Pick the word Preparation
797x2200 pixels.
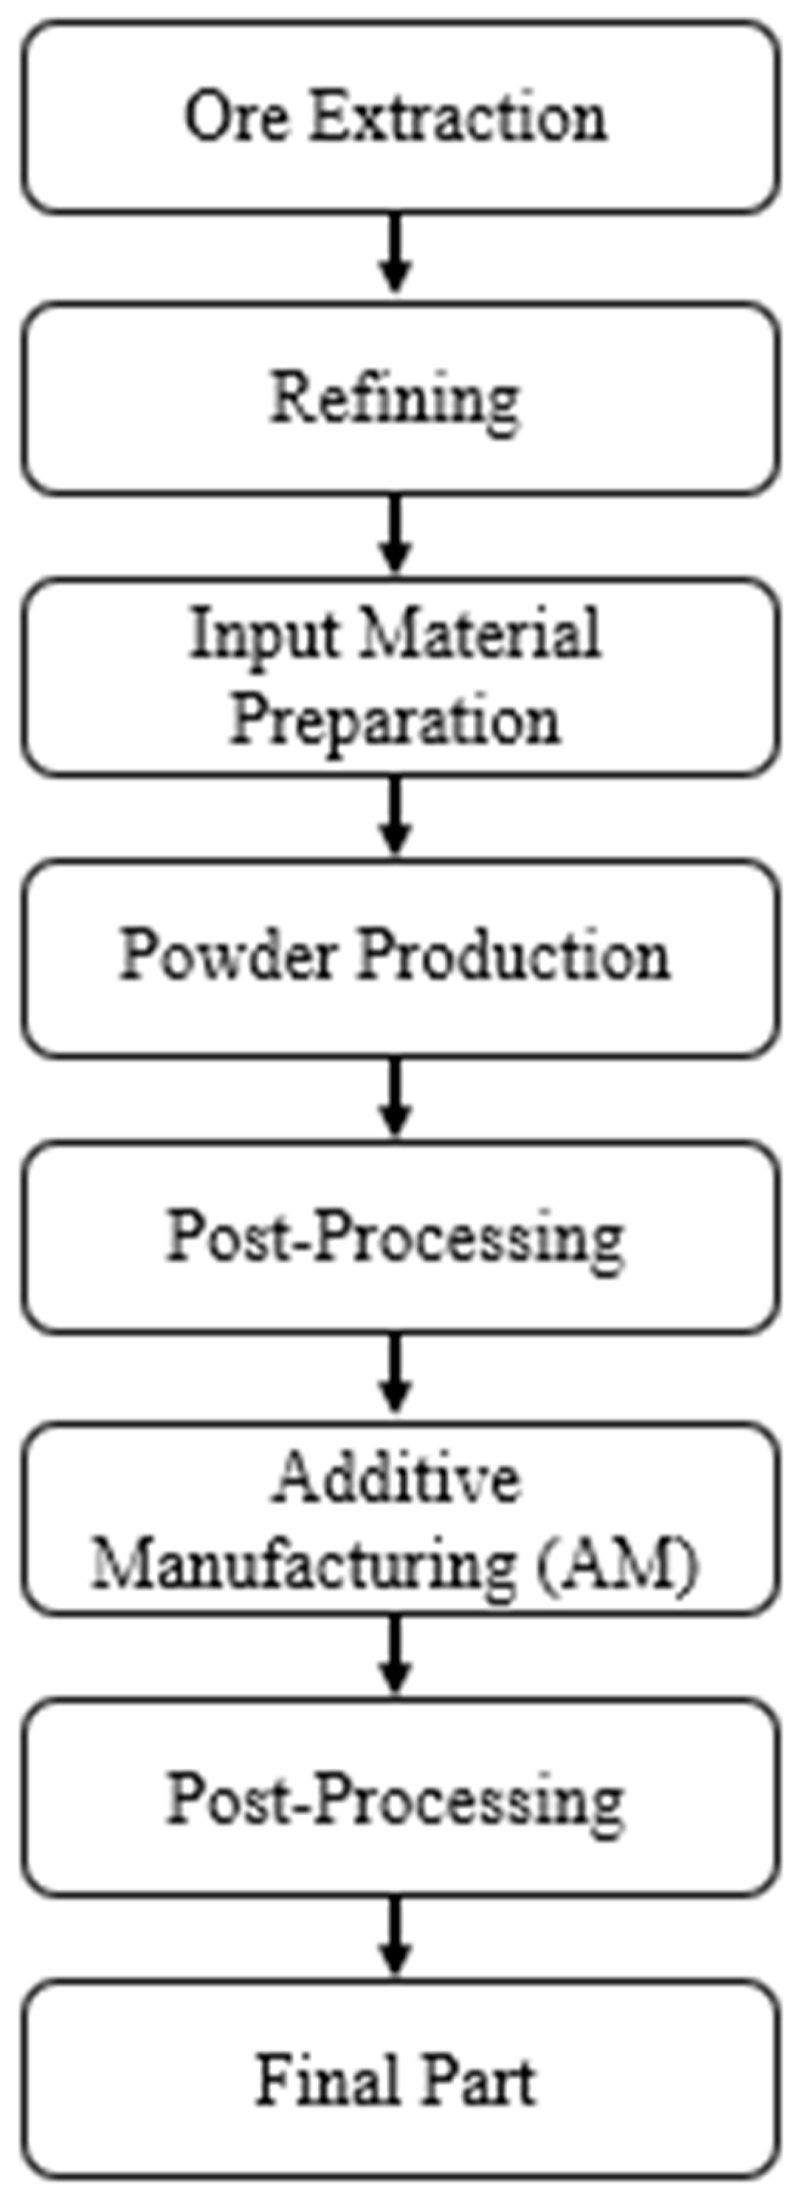point(395,719)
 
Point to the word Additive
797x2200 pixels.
point(396,1478)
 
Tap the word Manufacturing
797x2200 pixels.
point(304,1563)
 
